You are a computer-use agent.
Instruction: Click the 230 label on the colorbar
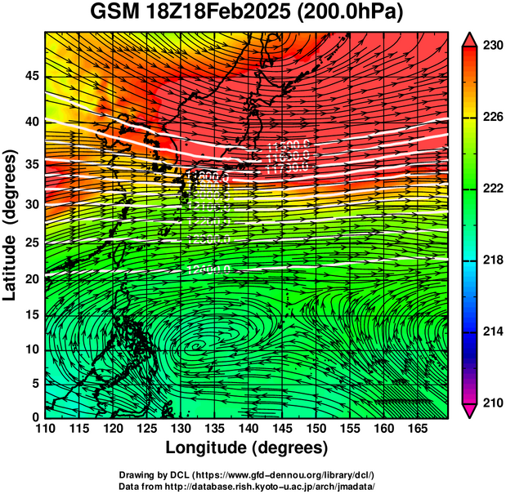(x=490, y=46)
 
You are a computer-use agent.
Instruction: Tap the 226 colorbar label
(x=490, y=118)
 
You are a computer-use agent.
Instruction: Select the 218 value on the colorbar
(x=490, y=260)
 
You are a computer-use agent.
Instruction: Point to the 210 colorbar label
(x=490, y=403)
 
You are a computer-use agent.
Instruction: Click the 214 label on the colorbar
(x=490, y=332)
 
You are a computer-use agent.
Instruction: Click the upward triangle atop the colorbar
(x=469, y=38)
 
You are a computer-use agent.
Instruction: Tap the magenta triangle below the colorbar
(x=469, y=410)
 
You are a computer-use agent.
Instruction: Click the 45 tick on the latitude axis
(x=31, y=76)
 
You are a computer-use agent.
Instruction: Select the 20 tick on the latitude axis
(x=31, y=278)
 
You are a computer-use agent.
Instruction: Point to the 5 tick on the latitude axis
(x=35, y=383)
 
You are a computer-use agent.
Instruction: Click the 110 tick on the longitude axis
(x=45, y=428)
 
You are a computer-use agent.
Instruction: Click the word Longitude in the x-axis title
(x=207, y=448)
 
